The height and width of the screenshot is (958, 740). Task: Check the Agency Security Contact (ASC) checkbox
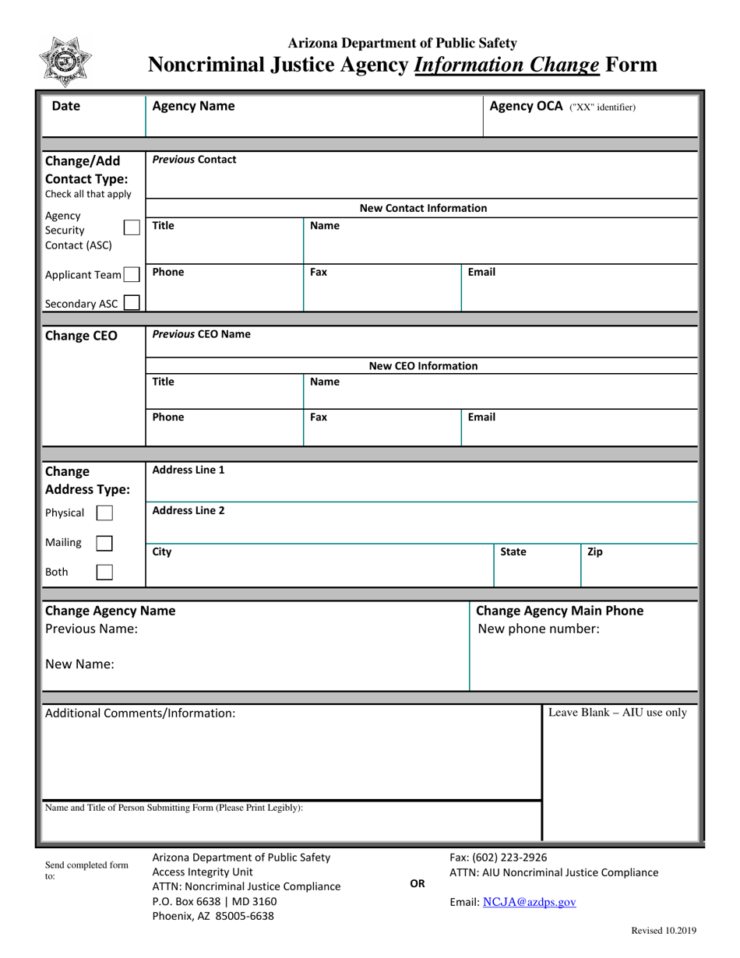pos(132,227)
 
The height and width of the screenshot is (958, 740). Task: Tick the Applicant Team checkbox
pos(132,274)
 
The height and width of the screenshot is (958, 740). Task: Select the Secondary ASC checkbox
pos(132,303)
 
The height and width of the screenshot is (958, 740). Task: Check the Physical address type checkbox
pos(104,512)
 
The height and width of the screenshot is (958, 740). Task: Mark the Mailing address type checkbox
pos(104,542)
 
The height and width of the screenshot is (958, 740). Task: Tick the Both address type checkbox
pos(104,572)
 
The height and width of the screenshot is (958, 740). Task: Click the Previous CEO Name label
pos(202,333)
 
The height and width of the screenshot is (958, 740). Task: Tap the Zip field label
pos(594,551)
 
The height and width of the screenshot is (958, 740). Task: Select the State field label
pos(513,551)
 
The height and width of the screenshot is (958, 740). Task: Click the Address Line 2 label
pos(189,510)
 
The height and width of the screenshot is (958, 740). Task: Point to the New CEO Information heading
pos(423,366)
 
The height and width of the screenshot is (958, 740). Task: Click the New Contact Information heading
pos(423,208)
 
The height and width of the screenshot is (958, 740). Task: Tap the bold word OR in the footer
pos(417,883)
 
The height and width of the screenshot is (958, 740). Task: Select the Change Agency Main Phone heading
pos(559,611)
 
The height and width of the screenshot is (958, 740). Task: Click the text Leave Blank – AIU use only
pos(618,712)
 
